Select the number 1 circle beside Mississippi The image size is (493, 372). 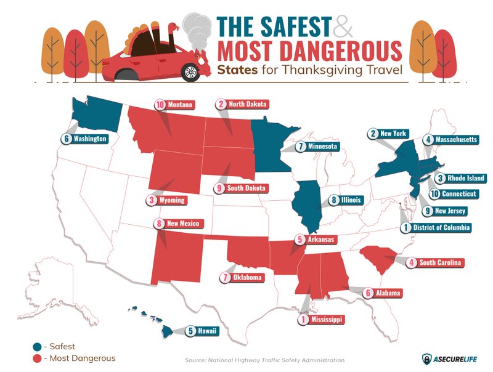(303, 320)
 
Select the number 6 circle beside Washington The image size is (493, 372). (66, 139)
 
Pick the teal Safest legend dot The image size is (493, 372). (37, 346)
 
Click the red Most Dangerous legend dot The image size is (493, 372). (37, 358)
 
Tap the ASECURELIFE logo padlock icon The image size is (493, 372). (426, 358)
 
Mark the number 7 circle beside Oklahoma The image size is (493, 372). (225, 278)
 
